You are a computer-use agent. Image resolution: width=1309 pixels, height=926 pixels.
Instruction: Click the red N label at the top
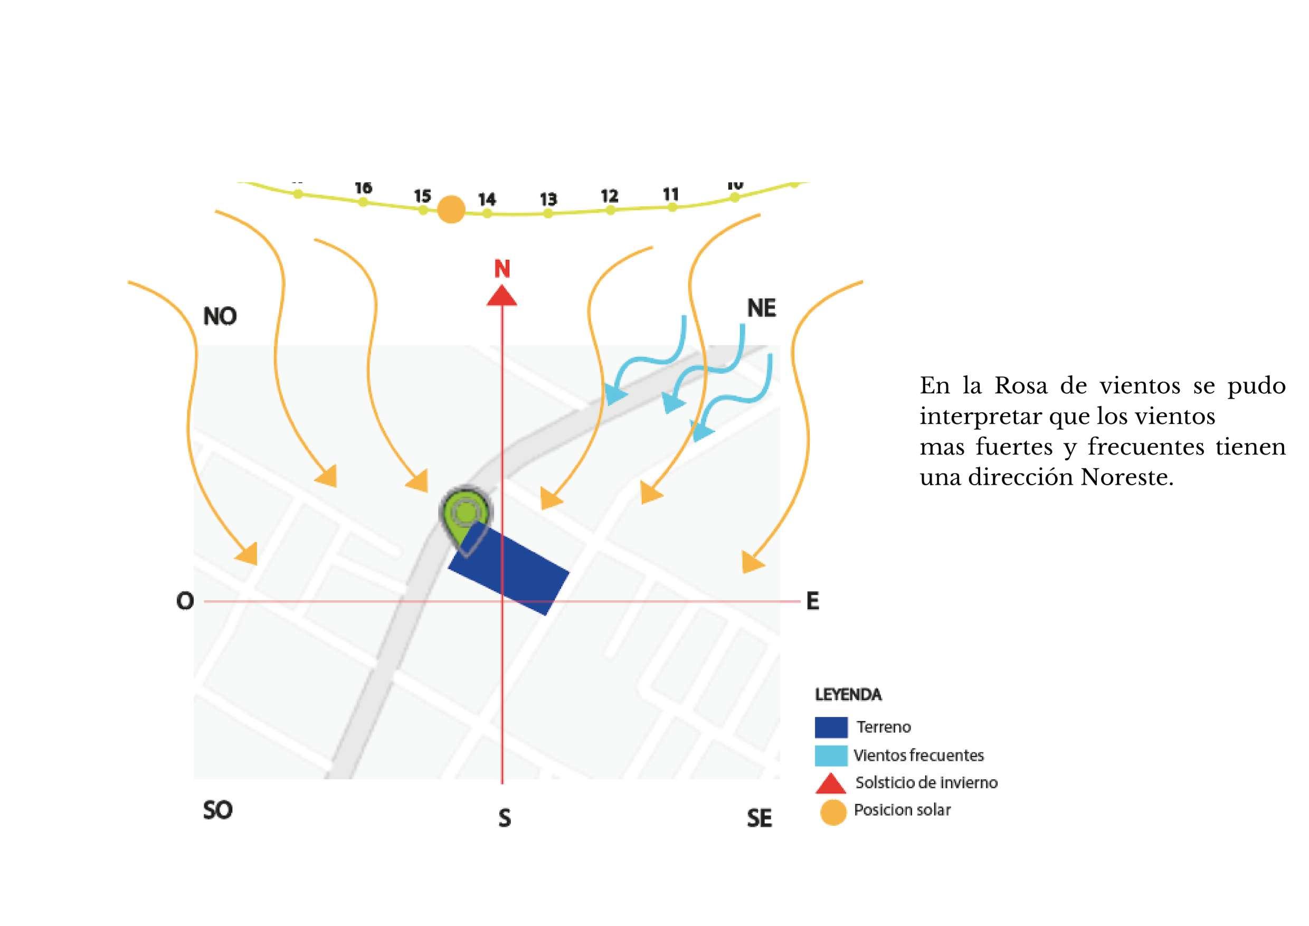tap(502, 269)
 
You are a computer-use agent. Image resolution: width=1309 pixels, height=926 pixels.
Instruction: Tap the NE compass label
tap(761, 308)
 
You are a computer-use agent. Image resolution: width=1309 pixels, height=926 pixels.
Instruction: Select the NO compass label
tap(220, 316)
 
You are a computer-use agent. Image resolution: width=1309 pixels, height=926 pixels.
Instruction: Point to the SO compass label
tap(217, 810)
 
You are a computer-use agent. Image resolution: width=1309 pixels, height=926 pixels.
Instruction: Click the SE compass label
tap(759, 819)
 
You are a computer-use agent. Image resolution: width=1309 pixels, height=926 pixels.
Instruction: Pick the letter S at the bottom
tap(504, 819)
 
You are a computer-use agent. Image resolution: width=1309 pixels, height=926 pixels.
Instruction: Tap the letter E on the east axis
tap(812, 601)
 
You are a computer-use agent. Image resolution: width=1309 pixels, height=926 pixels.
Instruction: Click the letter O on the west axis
tap(185, 601)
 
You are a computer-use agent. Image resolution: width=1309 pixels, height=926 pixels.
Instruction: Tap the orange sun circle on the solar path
tap(451, 209)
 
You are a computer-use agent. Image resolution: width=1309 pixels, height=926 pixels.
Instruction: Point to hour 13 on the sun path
tap(548, 200)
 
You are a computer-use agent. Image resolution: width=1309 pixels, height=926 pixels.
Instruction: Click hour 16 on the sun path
tap(363, 187)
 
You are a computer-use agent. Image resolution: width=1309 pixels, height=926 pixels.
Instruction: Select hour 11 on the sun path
tap(670, 194)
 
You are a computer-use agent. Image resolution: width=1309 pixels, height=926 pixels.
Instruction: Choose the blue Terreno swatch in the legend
tap(831, 727)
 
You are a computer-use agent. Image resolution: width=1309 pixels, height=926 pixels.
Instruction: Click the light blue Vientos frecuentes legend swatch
tap(831, 755)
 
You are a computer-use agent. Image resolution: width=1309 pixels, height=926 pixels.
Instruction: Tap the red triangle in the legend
tap(831, 784)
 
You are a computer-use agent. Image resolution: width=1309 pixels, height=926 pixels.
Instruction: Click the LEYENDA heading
tap(848, 695)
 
